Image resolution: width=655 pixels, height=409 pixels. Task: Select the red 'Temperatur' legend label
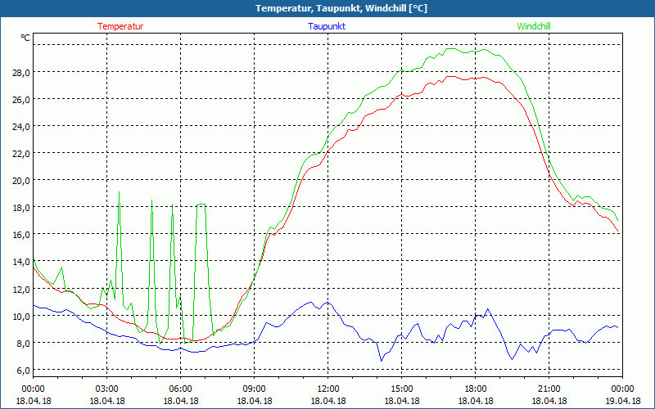120,26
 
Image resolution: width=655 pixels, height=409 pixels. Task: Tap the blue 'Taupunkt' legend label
327,26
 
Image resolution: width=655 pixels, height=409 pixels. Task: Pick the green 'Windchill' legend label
534,26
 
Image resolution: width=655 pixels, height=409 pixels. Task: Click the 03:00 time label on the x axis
107,389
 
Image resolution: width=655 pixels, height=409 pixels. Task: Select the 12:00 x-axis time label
328,389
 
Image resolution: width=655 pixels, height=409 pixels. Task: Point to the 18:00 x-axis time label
476,389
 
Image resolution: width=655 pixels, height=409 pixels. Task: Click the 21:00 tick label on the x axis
549,389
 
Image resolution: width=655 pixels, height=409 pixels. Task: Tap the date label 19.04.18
623,401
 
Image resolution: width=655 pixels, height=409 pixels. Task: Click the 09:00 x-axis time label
255,389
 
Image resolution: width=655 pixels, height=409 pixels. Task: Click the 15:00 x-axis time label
402,389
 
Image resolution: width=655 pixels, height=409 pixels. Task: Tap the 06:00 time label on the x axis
181,389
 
